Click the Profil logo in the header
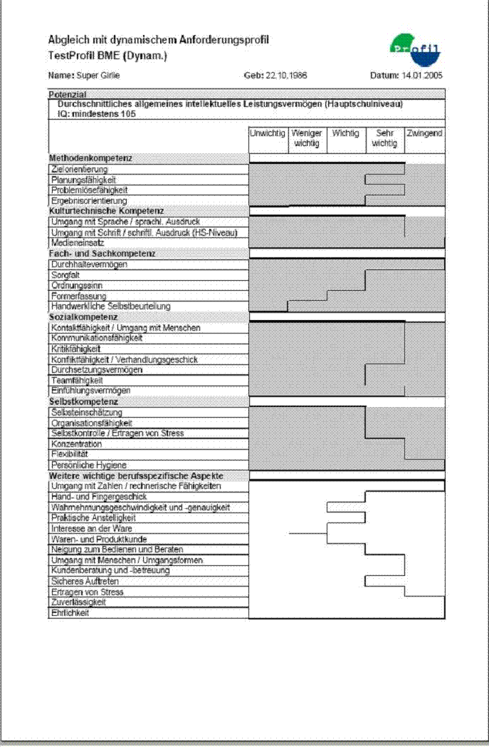[416, 48]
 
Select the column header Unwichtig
[267, 133]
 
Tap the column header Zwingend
[424, 133]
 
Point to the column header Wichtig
[345, 133]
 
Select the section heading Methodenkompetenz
[90, 158]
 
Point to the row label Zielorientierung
[79, 170]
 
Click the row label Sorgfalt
[65, 274]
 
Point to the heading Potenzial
[68, 94]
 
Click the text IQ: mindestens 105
[97, 113]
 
